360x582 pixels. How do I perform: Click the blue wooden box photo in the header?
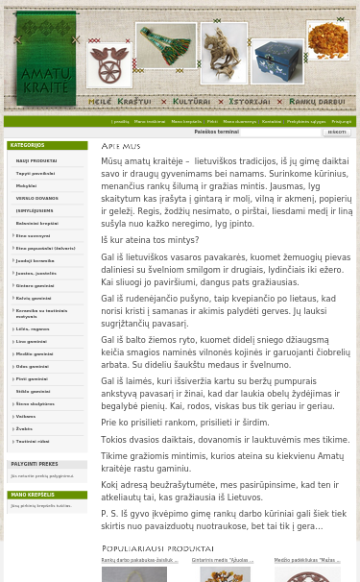pyautogui.click(x=276, y=61)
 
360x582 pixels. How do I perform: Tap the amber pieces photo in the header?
pyautogui.click(x=327, y=41)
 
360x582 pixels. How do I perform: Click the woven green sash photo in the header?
pyautogui.click(x=165, y=45)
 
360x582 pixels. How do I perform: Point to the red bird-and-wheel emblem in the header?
pyautogui.click(x=108, y=63)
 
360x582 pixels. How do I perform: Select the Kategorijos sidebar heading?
pyautogui.click(x=28, y=146)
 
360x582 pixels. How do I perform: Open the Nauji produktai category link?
pyautogui.click(x=36, y=161)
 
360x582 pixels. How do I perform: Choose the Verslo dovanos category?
pyautogui.click(x=36, y=198)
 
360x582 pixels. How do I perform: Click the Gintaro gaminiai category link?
pyautogui.click(x=35, y=285)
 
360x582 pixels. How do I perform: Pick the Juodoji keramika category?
pyautogui.click(x=35, y=260)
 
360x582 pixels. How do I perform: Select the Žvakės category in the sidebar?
pyautogui.click(x=24, y=428)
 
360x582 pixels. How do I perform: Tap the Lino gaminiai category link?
pyautogui.click(x=31, y=341)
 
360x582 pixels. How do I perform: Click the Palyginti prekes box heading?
pyautogui.click(x=35, y=465)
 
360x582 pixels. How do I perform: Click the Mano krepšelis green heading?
pyautogui.click(x=33, y=496)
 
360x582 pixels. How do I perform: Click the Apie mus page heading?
pyautogui.click(x=121, y=146)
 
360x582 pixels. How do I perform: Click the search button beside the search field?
pyautogui.click(x=336, y=133)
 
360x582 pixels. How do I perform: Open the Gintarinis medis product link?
pyautogui.click(x=222, y=560)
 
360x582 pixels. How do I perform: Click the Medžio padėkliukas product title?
pyautogui.click(x=306, y=560)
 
